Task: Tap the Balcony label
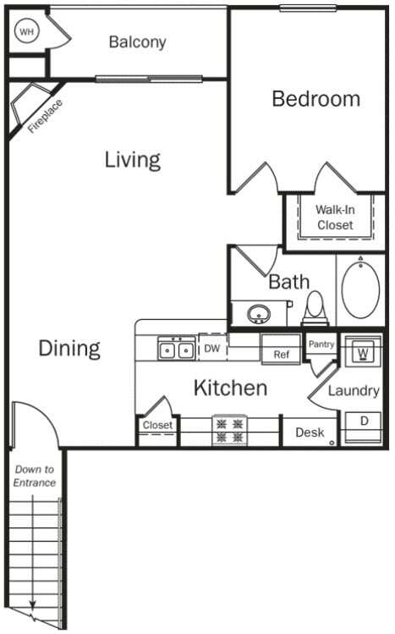coord(137,42)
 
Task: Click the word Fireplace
coord(45,117)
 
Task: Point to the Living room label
coord(133,159)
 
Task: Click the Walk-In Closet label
coord(335,218)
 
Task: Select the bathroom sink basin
coord(258,314)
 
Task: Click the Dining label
coord(69,348)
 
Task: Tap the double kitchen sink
coord(176,349)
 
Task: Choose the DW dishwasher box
coord(212,348)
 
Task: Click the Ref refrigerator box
coord(281,355)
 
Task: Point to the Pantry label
coord(321,345)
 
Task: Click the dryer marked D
coord(364,421)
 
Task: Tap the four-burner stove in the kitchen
coord(228,430)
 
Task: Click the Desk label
coord(310,433)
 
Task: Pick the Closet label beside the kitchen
coord(157,426)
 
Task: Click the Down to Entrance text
coord(35,476)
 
